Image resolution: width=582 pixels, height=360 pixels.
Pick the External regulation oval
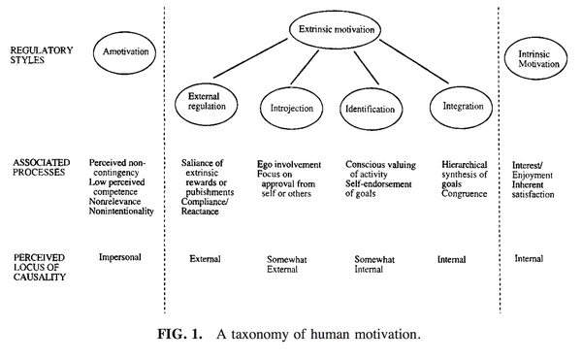[207, 86]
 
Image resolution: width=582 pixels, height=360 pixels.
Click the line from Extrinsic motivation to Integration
[414, 61]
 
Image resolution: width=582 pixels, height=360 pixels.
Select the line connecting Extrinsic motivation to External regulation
[250, 58]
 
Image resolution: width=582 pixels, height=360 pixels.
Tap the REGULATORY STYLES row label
[42, 55]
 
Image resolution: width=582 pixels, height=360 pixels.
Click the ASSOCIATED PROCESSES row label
[41, 167]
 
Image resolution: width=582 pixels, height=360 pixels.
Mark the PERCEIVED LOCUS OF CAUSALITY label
[40, 267]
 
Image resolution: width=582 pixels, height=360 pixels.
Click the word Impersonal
[120, 257]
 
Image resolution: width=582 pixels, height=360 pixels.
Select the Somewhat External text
[287, 264]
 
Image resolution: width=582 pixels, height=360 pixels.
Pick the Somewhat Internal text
[374, 264]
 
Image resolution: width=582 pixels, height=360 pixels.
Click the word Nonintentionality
[121, 212]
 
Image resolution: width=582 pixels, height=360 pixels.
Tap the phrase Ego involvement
[289, 164]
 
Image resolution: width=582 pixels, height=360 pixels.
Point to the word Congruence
[465, 194]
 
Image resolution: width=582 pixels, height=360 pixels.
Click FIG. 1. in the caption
[180, 334]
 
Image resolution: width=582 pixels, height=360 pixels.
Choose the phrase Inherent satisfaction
[533, 189]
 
